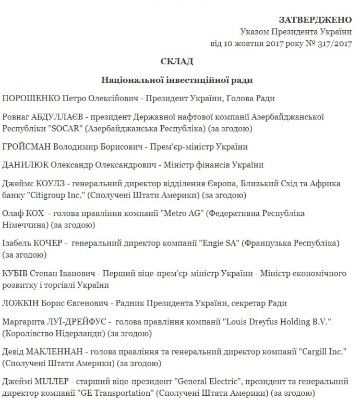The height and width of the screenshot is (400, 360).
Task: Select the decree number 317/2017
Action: (335, 43)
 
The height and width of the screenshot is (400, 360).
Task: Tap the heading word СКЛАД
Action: (177, 62)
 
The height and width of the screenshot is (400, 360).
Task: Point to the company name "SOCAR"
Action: (62, 128)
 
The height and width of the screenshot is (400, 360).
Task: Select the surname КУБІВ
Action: (17, 273)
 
